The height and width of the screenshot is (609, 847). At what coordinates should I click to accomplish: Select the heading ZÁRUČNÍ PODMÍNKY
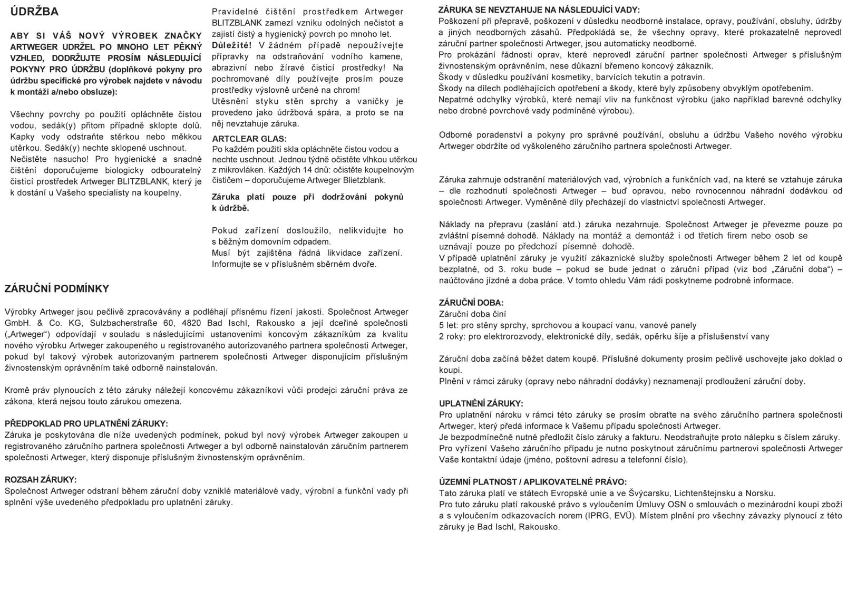click(x=57, y=288)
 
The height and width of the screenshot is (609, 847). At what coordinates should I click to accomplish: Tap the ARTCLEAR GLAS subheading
click(x=249, y=139)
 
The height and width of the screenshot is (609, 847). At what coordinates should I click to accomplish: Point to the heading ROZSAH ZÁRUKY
click(x=41, y=479)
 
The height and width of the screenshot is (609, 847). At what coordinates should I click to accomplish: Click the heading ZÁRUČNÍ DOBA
click(x=471, y=303)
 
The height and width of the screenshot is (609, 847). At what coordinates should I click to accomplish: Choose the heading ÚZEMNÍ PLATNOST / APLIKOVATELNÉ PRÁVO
click(x=533, y=482)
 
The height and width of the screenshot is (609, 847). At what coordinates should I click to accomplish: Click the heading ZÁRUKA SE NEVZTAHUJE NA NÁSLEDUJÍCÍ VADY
click(x=539, y=10)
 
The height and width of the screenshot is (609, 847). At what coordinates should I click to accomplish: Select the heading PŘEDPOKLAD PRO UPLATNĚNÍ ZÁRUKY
click(x=86, y=423)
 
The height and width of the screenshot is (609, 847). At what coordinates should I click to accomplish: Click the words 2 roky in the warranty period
click(x=451, y=336)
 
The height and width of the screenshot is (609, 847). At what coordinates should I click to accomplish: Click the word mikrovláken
click(x=237, y=170)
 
